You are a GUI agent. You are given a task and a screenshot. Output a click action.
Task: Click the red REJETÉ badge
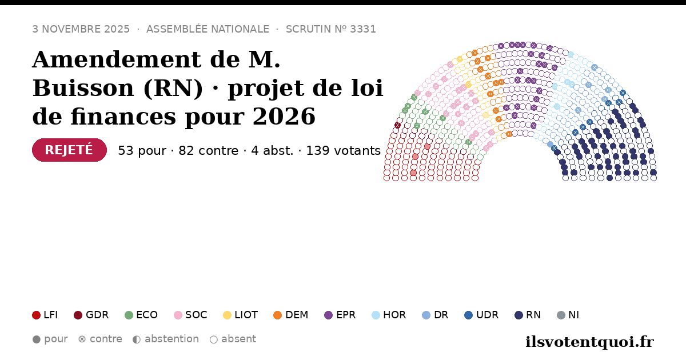point(69,150)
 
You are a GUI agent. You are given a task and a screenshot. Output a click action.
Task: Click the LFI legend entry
point(45,315)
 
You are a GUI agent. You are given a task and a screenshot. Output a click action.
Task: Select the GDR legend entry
point(91,315)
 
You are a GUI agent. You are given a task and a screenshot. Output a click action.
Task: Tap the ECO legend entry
point(141,315)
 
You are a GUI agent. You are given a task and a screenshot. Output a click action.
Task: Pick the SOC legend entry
point(190,315)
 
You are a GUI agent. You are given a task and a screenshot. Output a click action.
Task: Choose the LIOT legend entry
point(241,315)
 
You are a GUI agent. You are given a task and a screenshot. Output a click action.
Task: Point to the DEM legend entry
point(290,315)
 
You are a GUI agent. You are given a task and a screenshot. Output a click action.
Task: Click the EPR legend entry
point(340,315)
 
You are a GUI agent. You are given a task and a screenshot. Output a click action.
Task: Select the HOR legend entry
point(389,315)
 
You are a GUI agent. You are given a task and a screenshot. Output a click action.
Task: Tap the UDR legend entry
point(481,315)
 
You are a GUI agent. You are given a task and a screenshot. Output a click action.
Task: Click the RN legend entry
point(528,315)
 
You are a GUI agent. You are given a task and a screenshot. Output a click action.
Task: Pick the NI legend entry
point(568,315)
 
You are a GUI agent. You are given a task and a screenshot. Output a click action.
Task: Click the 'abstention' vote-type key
point(166,339)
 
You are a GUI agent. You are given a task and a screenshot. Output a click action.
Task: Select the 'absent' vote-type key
point(233,339)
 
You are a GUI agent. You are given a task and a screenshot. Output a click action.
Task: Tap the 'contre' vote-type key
point(100,339)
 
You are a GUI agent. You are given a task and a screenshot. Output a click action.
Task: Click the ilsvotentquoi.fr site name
point(589,342)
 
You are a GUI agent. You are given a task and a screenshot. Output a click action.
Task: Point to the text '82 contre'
point(208,151)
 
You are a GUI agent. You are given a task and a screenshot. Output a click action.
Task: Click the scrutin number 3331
point(363,29)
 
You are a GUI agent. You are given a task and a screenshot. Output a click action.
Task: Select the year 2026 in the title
point(284,117)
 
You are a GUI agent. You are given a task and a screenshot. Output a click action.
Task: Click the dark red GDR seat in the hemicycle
point(397,125)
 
